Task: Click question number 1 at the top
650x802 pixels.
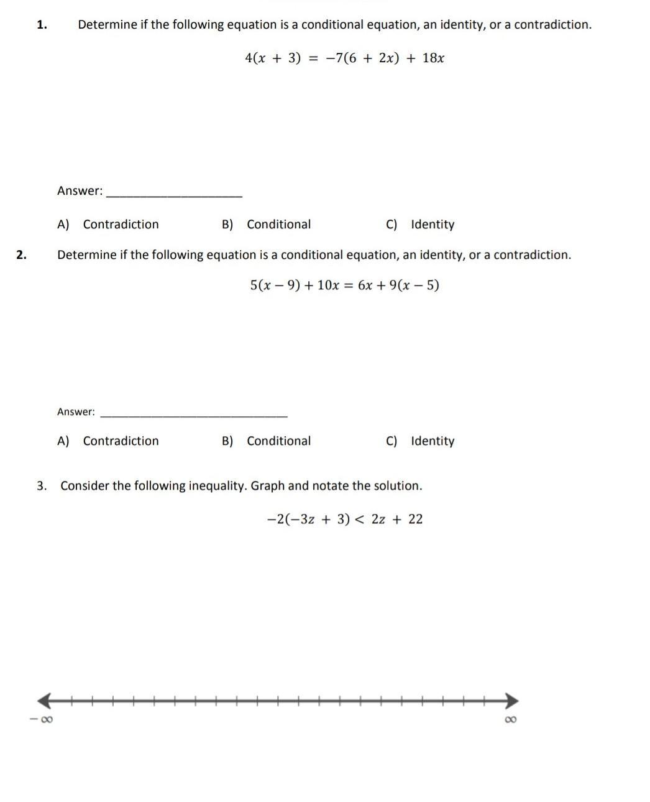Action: [x=42, y=25]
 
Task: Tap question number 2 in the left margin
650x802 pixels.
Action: [x=22, y=254]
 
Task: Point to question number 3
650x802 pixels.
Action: [x=42, y=486]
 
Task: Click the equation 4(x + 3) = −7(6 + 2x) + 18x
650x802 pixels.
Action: [x=344, y=58]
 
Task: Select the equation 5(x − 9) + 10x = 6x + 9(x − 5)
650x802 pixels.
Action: [x=344, y=286]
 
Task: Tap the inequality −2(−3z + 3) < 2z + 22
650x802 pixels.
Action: [x=344, y=520]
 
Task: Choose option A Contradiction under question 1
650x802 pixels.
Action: [x=108, y=225]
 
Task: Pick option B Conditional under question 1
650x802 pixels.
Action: [x=267, y=225]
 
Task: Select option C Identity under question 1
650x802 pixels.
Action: [x=420, y=225]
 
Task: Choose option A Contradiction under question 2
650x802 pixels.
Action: [x=108, y=441]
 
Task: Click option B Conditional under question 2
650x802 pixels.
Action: [x=267, y=441]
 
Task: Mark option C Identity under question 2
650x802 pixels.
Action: [x=420, y=441]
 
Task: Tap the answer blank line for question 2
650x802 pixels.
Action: [x=194, y=414]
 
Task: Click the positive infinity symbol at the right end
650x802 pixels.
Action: [x=511, y=720]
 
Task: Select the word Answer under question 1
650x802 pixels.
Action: [x=80, y=191]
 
